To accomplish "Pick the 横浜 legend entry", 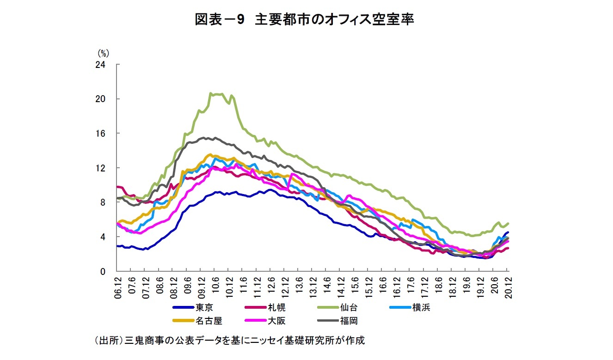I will pyautogui.click(x=421, y=307).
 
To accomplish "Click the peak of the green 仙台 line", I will pyautogui.click(x=211, y=93).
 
